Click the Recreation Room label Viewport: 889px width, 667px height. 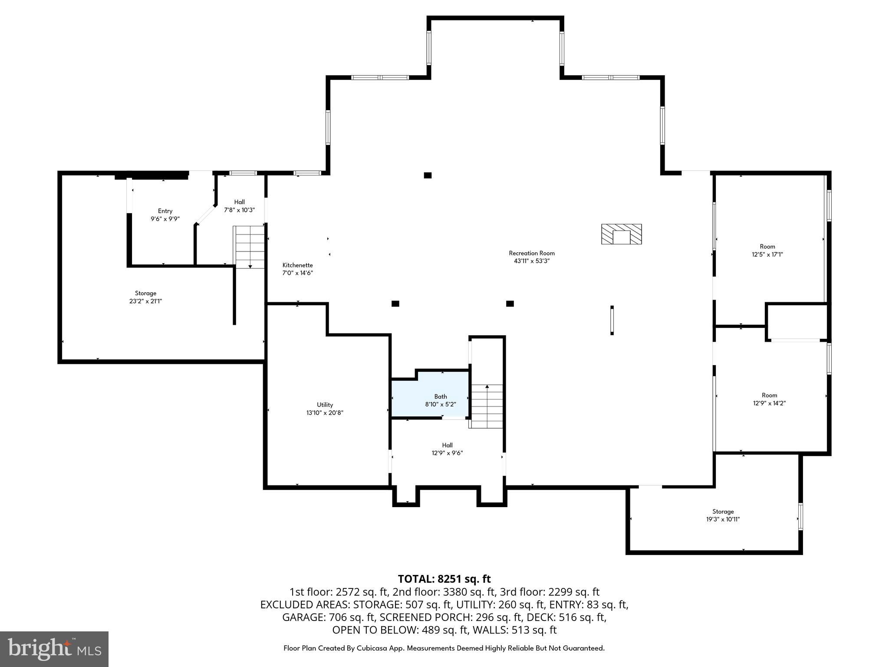point(532,257)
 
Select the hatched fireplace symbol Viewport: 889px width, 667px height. point(621,234)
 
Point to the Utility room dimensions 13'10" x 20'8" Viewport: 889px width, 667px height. point(325,413)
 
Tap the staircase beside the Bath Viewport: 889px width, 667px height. point(487,406)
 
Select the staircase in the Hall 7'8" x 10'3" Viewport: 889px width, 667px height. point(250,247)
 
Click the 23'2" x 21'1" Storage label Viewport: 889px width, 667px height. point(145,297)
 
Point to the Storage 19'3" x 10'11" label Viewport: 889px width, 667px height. point(723,515)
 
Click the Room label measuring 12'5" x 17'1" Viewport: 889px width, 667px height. point(767,251)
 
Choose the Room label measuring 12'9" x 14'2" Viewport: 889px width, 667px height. point(769,399)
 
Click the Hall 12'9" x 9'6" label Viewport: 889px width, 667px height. point(447,449)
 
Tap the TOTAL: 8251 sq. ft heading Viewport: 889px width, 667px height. point(444,579)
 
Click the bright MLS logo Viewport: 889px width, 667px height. point(54,649)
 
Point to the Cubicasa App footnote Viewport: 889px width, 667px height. point(444,648)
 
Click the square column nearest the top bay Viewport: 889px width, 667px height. point(428,175)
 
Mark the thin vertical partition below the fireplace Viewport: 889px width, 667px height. point(612,320)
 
